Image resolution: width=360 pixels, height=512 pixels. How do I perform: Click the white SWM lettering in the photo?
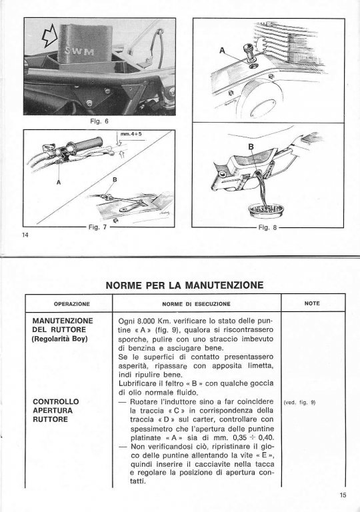pos(79,51)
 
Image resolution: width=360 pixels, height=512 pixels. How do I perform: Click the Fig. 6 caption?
pos(99,121)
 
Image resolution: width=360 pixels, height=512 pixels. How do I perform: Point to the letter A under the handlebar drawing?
pos(59,182)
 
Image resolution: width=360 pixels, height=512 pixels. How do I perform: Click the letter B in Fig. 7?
pos(115,179)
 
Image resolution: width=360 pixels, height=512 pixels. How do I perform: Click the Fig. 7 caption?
pos(97,227)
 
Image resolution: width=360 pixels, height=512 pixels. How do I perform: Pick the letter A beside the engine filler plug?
pos(223,51)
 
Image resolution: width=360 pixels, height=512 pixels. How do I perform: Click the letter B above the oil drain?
pos(251,147)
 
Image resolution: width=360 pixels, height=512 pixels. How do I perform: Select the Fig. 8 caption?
pos(267,227)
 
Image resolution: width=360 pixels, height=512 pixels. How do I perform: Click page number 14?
pos(25,235)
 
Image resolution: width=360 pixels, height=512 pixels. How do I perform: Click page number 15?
pos(343,495)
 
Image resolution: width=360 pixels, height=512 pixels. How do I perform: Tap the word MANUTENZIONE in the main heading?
pos(224,285)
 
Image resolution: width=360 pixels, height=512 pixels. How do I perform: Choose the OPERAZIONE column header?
pos(72,304)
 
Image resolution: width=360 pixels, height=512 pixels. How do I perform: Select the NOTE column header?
pos(312,303)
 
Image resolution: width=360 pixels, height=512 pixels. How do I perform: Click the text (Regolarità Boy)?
pos(60,339)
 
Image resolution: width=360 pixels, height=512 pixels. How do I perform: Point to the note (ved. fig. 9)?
pos(299,403)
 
